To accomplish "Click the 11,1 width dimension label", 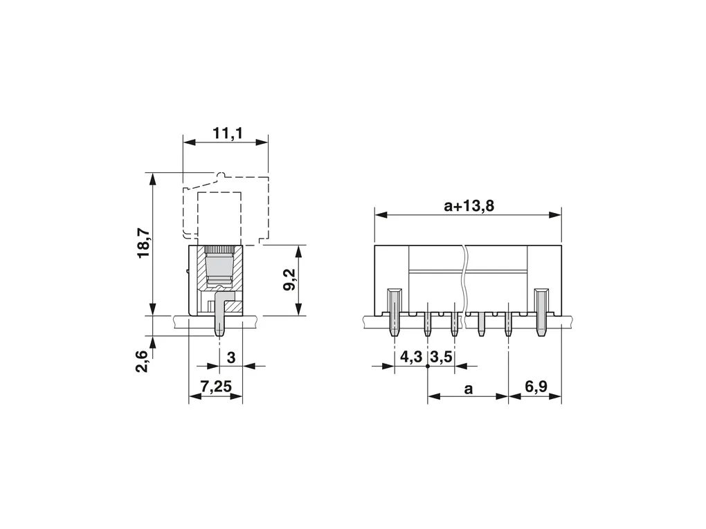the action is click(x=228, y=133).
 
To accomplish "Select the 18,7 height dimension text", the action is click(x=144, y=243).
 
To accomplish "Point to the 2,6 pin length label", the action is click(x=142, y=361).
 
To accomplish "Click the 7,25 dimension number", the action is click(x=216, y=386).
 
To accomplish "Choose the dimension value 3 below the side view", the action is click(x=231, y=358).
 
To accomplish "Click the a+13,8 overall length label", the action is click(x=469, y=205).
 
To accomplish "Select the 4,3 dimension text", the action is click(x=411, y=358).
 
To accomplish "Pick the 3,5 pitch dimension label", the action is click(x=442, y=358).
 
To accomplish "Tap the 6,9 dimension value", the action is click(x=536, y=386).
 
